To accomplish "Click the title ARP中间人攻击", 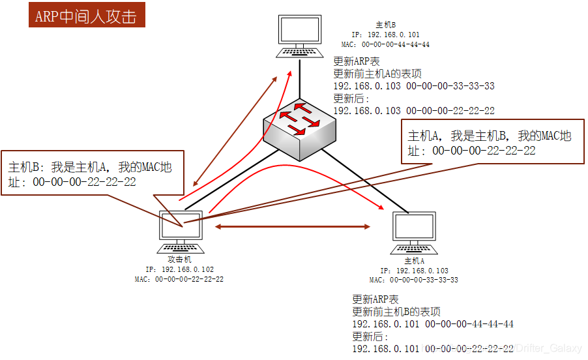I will (86, 15).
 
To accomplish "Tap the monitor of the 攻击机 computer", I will (181, 226).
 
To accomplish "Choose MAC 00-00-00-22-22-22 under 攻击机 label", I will (179, 279).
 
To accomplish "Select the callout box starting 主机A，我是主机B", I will (492, 142).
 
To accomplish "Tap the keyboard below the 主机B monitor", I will (300, 52).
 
